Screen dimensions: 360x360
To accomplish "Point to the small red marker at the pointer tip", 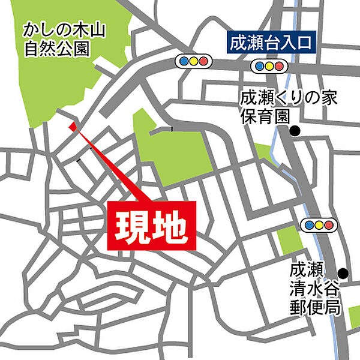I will [x=73, y=126].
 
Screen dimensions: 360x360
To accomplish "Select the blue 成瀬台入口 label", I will [x=272, y=43].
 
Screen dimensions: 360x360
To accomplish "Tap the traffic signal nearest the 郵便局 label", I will [x=319, y=225].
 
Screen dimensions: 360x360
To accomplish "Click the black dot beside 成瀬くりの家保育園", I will [x=295, y=131].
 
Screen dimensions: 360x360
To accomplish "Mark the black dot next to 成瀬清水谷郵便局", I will [x=343, y=272].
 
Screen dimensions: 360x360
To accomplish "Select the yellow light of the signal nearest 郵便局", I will [x=319, y=225].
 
